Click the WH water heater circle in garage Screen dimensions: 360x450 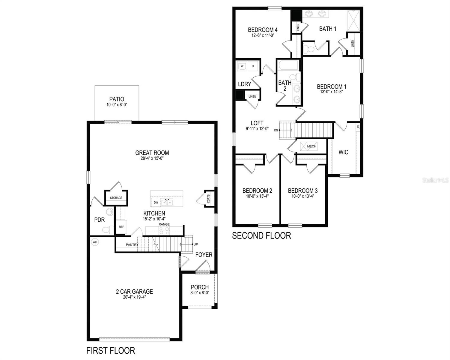coord(95,242)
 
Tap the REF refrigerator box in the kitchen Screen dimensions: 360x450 coord(121,227)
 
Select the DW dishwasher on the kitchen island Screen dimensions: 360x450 coord(156,203)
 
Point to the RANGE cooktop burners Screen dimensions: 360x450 coord(164,230)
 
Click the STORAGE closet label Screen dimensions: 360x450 coord(116,198)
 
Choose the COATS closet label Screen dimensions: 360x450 coord(208,198)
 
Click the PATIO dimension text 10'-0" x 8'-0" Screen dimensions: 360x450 coord(117,105)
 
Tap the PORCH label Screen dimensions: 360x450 coord(200,287)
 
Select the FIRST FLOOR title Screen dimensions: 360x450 coord(111,350)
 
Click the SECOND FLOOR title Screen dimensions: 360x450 coord(261,235)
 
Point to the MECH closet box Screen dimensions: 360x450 coord(309,146)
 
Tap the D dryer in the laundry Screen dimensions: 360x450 coord(252,66)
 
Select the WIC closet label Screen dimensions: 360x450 coord(343,152)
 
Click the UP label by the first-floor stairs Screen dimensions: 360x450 coord(196,244)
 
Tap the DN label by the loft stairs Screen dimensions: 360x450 coord(276,130)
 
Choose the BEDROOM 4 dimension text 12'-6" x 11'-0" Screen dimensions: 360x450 coord(263,35)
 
